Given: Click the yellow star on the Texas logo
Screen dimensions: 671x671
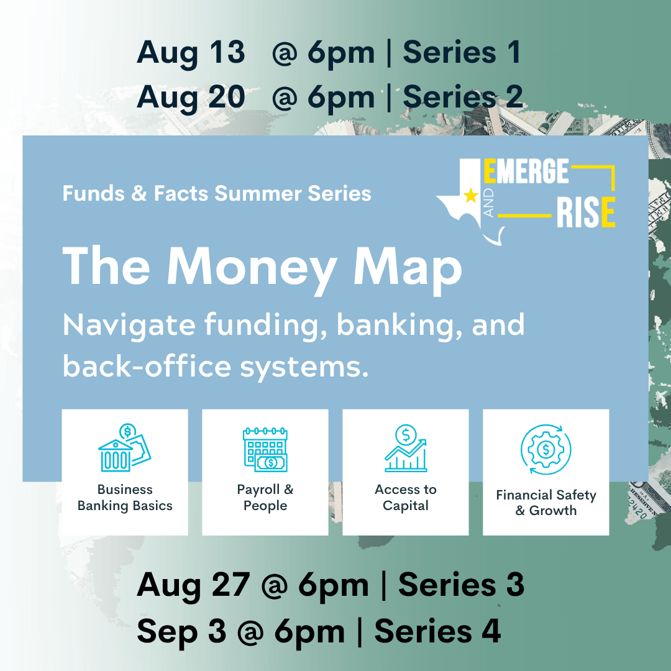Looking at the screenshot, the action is tap(471, 196).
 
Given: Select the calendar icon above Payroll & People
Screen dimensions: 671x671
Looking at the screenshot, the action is tap(265, 449).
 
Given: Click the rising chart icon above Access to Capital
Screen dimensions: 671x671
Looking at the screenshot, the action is tap(406, 448).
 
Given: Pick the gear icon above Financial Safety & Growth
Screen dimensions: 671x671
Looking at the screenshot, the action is tap(545, 449).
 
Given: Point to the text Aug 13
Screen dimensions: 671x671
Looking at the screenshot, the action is tap(191, 53).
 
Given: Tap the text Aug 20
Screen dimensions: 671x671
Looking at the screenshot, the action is tap(191, 98).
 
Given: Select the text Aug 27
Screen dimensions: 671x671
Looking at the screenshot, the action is tap(193, 585).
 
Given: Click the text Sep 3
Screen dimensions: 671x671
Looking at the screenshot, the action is tap(181, 632).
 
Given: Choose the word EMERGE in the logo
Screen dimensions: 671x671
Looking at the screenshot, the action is tap(526, 171).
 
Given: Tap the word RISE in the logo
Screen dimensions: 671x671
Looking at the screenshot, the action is tap(586, 212).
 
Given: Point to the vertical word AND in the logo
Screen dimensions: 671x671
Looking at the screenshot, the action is tap(489, 203).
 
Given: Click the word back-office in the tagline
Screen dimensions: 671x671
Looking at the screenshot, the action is tap(147, 367).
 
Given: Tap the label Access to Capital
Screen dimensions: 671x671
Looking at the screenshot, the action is tap(406, 497).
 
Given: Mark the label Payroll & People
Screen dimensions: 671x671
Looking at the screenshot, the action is tap(265, 497).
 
